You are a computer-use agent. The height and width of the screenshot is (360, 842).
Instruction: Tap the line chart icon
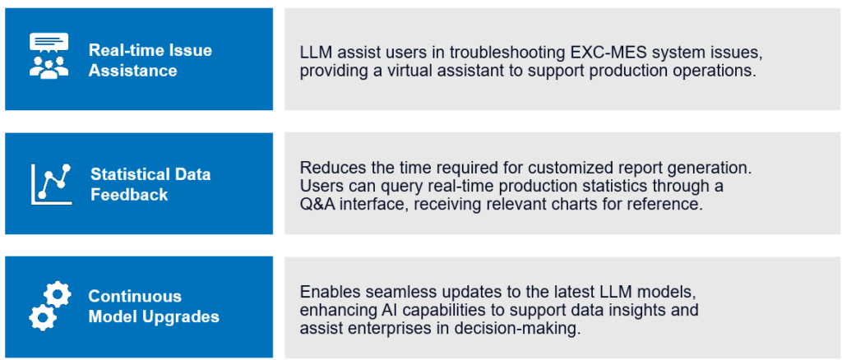(x=52, y=184)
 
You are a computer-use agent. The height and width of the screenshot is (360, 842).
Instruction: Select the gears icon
(x=50, y=307)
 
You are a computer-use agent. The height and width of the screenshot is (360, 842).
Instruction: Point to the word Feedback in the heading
(x=129, y=194)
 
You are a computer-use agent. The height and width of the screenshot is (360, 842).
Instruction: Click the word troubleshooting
(x=502, y=53)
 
